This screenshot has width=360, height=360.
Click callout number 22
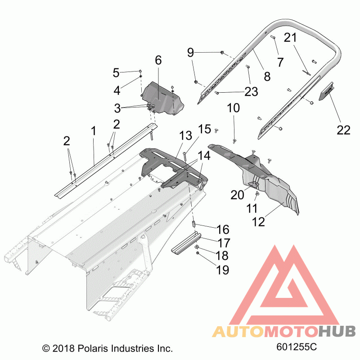pyautogui.click(x=343, y=130)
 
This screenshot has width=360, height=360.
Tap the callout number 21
pyautogui.click(x=290, y=37)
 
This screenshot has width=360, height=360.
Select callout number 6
pyautogui.click(x=158, y=60)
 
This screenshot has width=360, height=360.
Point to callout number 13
pyautogui.click(x=185, y=135)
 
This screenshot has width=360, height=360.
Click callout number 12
pyautogui.click(x=258, y=222)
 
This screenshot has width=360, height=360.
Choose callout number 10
pyautogui.click(x=234, y=108)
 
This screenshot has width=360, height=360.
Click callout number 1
pyautogui.click(x=93, y=131)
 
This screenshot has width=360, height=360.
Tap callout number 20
pyautogui.click(x=237, y=195)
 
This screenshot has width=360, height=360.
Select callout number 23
pyautogui.click(x=251, y=92)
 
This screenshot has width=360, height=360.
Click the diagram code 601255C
pyautogui.click(x=297, y=347)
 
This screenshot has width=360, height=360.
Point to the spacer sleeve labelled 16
pyautogui.click(x=193, y=223)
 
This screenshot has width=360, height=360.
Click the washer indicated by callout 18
pyautogui.click(x=197, y=247)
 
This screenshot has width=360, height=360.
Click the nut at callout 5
pyautogui.click(x=141, y=72)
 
